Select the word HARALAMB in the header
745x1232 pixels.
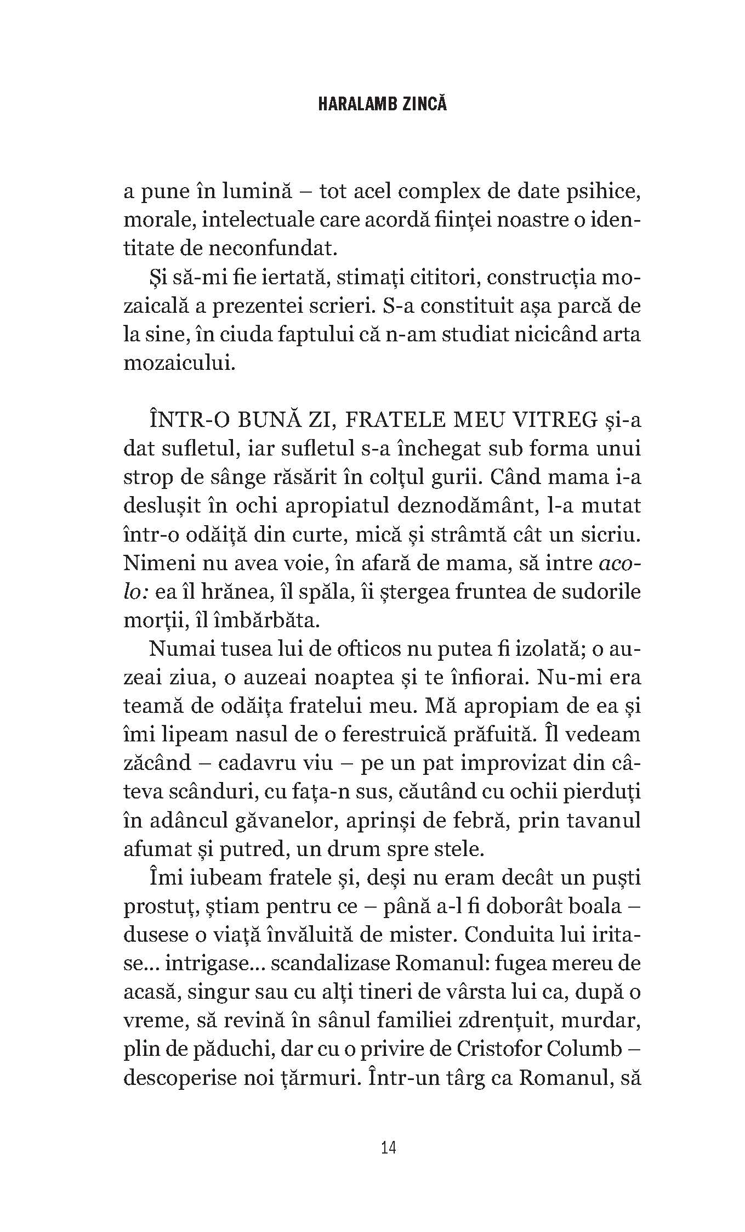point(352,104)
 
